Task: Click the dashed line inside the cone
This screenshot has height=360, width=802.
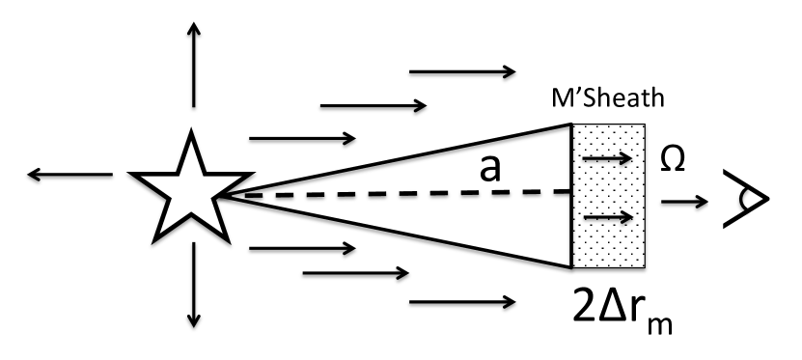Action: tap(405, 194)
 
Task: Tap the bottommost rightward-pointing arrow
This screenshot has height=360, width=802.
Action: tap(461, 304)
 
